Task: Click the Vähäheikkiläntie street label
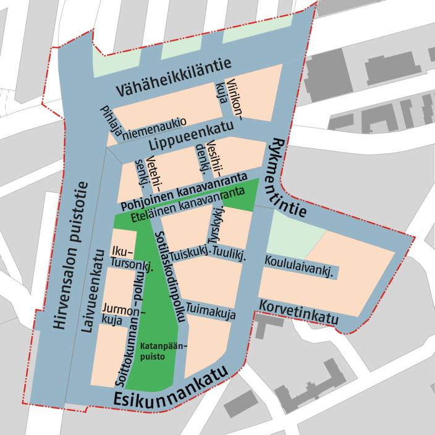coord(164,75)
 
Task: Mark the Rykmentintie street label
coord(289,177)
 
